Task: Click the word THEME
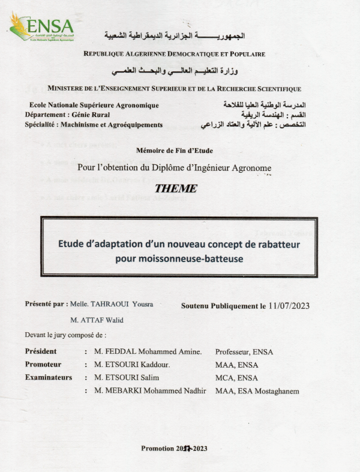[175, 188]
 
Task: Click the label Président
[41, 351]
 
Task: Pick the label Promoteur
[43, 365]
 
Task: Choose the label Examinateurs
[48, 377]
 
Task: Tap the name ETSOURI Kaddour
[132, 365]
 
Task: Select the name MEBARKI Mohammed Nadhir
[150, 391]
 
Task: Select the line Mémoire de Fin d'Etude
[175, 151]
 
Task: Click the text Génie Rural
[91, 115]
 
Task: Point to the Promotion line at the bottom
[174, 448]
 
